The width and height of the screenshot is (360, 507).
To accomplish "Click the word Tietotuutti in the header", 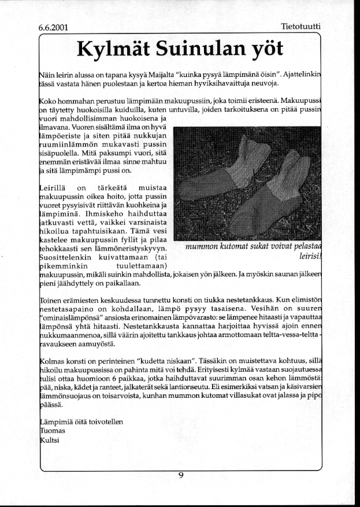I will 300,27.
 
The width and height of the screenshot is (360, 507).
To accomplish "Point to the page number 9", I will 181,475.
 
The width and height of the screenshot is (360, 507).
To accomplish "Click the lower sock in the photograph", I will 272,199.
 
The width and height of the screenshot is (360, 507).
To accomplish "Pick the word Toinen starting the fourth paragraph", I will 53,301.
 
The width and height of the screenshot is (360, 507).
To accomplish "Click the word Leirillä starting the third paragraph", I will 54,187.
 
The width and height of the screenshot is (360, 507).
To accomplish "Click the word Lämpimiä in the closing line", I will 57,422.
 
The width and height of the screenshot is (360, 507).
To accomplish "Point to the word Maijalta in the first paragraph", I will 147,73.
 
